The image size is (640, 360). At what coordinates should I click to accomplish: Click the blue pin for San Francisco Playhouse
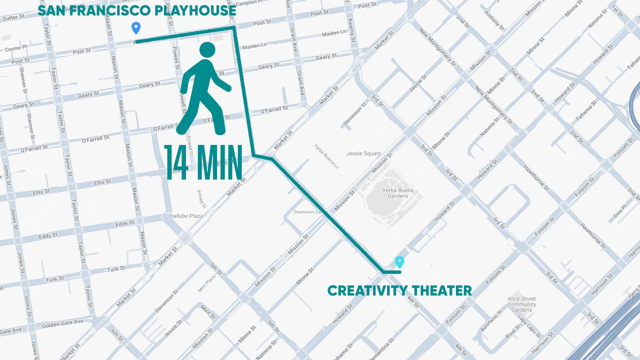[135, 28]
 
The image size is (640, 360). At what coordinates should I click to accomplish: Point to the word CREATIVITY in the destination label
[364, 290]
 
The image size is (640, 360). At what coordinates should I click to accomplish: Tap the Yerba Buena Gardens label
[395, 193]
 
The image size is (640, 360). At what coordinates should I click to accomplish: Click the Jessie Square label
[363, 153]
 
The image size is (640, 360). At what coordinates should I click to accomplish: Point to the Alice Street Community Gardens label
[521, 304]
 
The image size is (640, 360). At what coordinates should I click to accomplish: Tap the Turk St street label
[116, 269]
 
